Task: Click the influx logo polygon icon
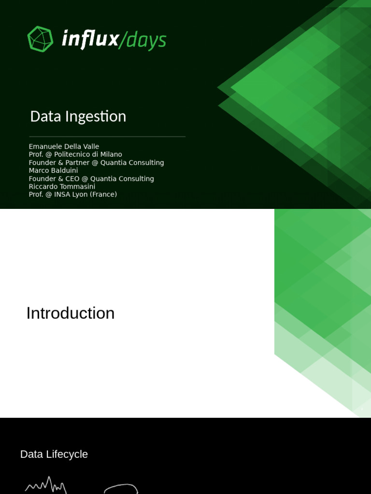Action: [x=40, y=39]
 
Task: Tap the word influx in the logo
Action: [x=90, y=40]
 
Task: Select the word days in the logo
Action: [x=146, y=41]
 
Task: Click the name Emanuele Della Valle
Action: [x=64, y=147]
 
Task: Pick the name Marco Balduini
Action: [x=53, y=170]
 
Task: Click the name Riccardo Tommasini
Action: [x=62, y=186]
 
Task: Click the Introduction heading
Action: [x=71, y=314]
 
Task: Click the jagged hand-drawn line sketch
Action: [x=46, y=485]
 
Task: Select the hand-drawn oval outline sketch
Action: [x=121, y=488]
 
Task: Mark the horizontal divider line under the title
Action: [x=107, y=137]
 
